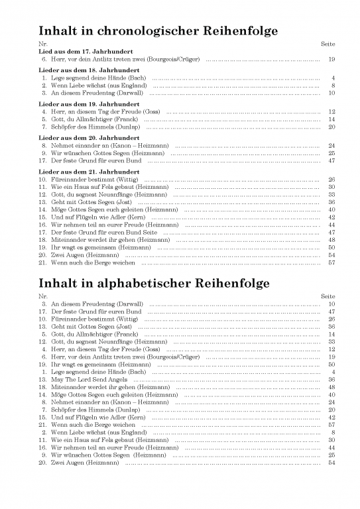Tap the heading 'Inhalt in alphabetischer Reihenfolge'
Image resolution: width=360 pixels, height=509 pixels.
point(154,283)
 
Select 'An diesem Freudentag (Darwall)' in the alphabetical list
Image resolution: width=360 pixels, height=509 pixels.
point(96,304)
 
